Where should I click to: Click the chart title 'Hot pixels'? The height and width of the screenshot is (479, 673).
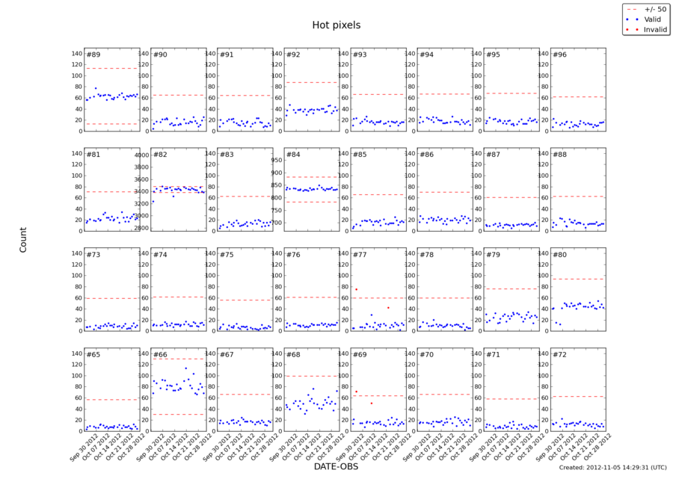click(x=336, y=25)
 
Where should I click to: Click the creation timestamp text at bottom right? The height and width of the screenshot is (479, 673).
click(x=612, y=467)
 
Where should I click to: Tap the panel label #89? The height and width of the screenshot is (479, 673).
click(x=93, y=55)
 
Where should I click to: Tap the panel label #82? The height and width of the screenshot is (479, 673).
click(x=160, y=155)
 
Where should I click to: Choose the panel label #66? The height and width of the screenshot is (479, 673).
click(x=160, y=355)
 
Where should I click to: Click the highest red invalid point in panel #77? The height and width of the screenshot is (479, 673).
click(x=356, y=289)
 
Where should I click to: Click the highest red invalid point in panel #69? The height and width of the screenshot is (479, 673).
click(x=356, y=392)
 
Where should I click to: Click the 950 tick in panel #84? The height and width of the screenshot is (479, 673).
click(x=274, y=160)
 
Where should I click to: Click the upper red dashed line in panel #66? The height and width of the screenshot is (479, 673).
click(x=179, y=359)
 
